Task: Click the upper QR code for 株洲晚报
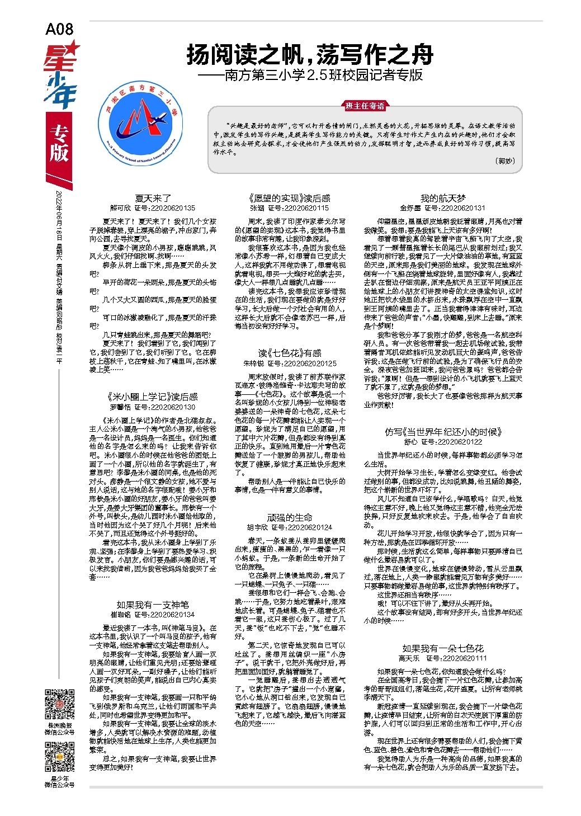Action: [59, 706]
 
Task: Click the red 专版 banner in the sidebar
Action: [58, 144]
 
